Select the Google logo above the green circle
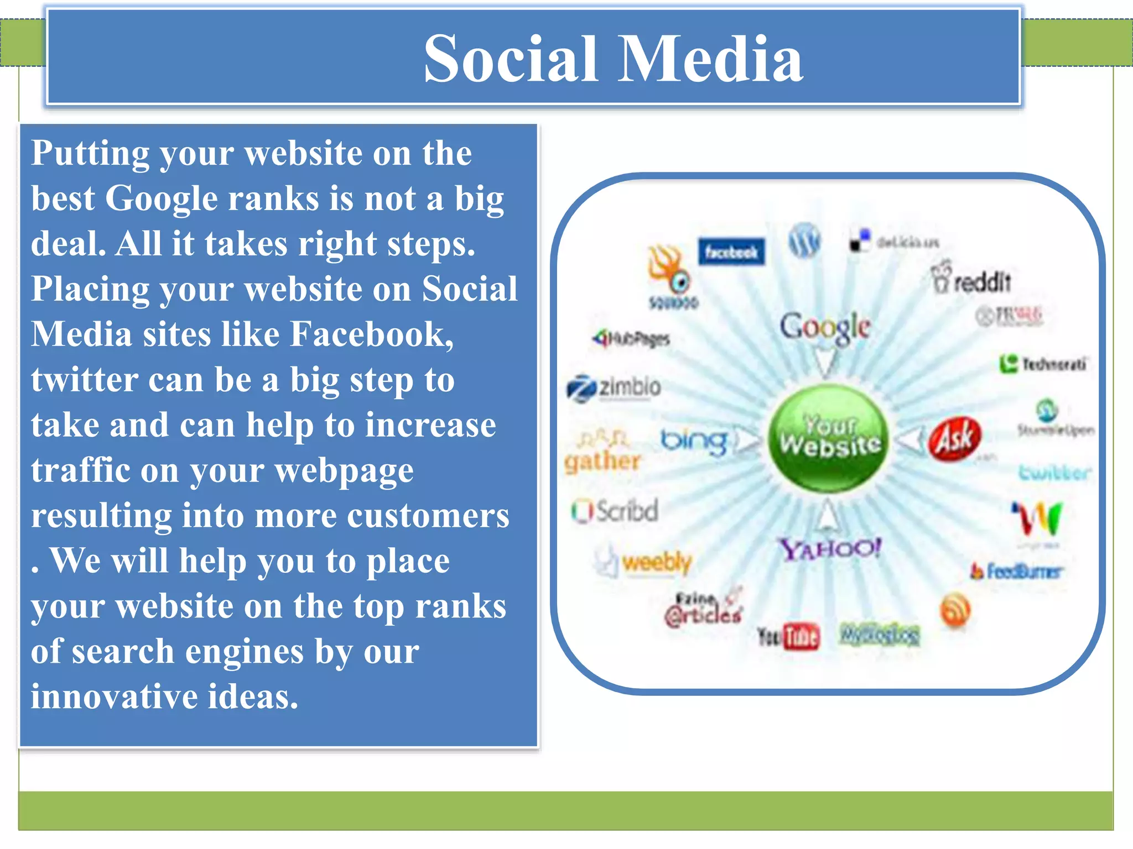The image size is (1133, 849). pos(825,327)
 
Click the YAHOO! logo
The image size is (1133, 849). pos(830,549)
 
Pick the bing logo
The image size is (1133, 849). pos(694,441)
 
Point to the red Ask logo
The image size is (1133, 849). pos(954,439)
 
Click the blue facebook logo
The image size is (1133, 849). pos(731,252)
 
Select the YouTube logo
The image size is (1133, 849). pos(788,637)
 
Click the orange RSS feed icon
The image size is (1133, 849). pos(955,610)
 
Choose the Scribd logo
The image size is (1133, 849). pos(615,511)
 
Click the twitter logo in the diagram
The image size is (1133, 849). pos(1055,473)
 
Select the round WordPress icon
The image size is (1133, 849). pos(804,241)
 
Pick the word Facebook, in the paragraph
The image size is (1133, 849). pos(372,334)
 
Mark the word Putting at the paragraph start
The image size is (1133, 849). pos(90,153)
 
